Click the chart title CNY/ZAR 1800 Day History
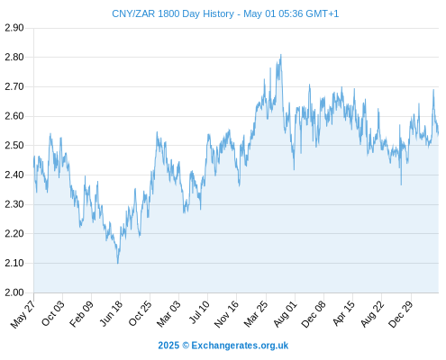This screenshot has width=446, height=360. (x=173, y=13)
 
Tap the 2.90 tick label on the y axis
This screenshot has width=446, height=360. (x=14, y=28)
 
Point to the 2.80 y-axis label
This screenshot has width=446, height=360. (x=14, y=57)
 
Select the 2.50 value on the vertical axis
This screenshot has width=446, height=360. (x=14, y=146)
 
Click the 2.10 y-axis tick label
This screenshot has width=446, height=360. (x=14, y=263)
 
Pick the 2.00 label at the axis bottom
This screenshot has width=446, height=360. (x=14, y=292)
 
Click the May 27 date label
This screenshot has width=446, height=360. (x=23, y=314)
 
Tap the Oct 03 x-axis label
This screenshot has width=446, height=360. (x=53, y=313)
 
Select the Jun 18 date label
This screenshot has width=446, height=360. (x=111, y=313)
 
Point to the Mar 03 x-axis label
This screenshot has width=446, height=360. (x=168, y=314)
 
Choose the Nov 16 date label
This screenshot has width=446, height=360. (x=226, y=314)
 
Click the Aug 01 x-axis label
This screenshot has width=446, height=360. (x=286, y=314)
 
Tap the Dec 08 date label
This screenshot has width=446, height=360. (x=314, y=314)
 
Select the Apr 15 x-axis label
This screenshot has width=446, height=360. (x=343, y=313)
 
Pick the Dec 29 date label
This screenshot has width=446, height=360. (x=401, y=314)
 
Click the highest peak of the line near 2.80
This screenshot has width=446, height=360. (x=281, y=55)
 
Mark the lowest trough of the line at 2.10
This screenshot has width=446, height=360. (x=118, y=263)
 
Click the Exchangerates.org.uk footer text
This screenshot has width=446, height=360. (x=240, y=346)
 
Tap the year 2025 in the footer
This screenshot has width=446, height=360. (x=168, y=346)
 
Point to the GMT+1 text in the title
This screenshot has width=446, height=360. (x=322, y=13)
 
